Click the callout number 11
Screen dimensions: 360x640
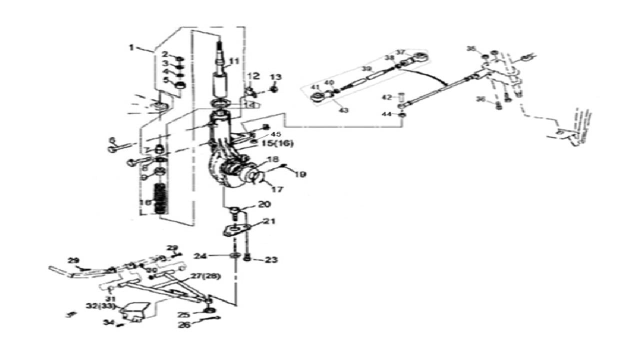pos(235,62)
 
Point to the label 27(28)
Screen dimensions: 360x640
pos(205,276)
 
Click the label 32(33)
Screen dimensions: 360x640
pos(100,306)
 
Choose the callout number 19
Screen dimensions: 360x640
pos(300,174)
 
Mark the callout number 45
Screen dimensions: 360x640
pos(276,134)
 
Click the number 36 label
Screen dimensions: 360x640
pos(481,99)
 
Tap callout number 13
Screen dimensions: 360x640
pos(276,77)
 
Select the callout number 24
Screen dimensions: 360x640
pos(200,256)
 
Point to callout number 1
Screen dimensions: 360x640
pos(131,47)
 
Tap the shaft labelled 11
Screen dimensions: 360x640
pos(220,75)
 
